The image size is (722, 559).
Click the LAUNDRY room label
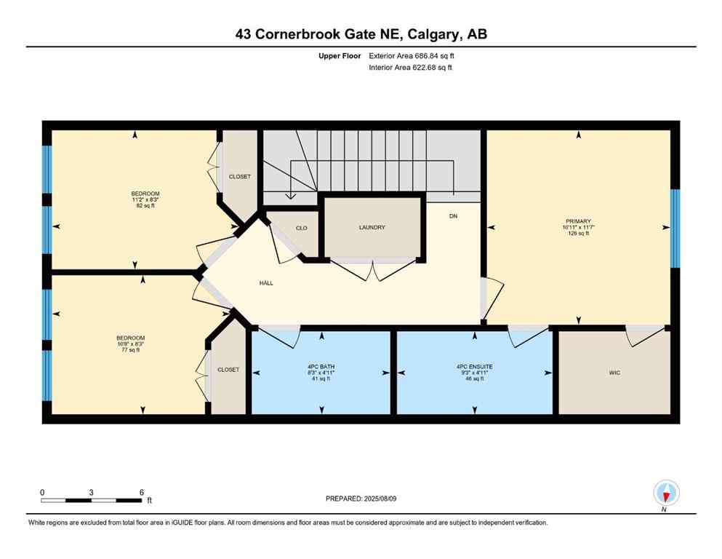pyautogui.click(x=372, y=228)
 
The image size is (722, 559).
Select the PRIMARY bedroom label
pyautogui.click(x=578, y=221)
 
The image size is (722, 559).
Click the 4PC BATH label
pyautogui.click(x=321, y=366)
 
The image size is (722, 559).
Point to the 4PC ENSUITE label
pyautogui.click(x=475, y=366)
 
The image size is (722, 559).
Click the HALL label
pyautogui.click(x=266, y=283)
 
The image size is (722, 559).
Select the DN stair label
pyautogui.click(x=453, y=216)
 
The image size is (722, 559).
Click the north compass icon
pyautogui.click(x=666, y=493)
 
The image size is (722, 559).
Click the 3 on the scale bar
pyautogui.click(x=92, y=492)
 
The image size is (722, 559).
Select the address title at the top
pyautogui.click(x=361, y=34)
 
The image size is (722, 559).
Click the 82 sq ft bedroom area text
pyautogui.click(x=145, y=206)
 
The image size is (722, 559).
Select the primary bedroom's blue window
pyautogui.click(x=675, y=228)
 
